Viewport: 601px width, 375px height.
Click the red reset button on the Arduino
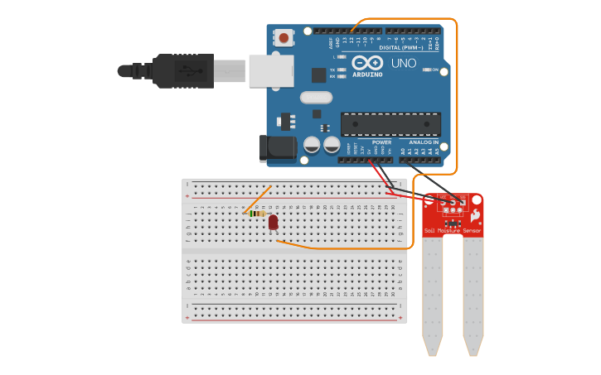pos(284,38)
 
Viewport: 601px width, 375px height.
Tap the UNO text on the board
pos(403,64)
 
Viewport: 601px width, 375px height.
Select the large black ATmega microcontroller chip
pos(390,124)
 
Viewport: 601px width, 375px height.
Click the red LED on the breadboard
pos(273,222)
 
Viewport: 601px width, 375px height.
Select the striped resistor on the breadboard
pos(259,214)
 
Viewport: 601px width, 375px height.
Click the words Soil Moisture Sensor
pos(452,230)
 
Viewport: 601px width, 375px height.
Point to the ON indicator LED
pos(429,70)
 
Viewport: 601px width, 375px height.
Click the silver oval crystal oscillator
pos(316,98)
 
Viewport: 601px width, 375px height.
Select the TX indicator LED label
pos(332,70)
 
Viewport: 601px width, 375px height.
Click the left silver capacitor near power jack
pos(312,145)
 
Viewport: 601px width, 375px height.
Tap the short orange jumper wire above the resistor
pos(256,199)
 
